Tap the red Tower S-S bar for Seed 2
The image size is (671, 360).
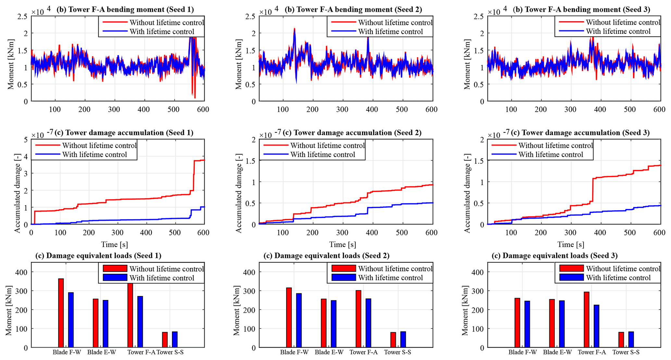click(x=393, y=340)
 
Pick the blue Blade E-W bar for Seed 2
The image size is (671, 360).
click(x=333, y=324)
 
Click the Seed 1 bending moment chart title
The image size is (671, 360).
click(x=125, y=9)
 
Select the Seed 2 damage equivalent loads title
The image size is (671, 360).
click(x=326, y=255)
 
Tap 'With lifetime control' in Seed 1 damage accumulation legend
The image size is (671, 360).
click(x=94, y=155)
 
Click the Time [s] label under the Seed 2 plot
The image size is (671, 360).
click(x=342, y=244)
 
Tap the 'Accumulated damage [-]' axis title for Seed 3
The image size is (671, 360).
click(x=467, y=193)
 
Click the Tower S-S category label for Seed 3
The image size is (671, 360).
click(x=626, y=352)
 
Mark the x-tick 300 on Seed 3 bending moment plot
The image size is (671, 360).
click(x=570, y=109)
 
